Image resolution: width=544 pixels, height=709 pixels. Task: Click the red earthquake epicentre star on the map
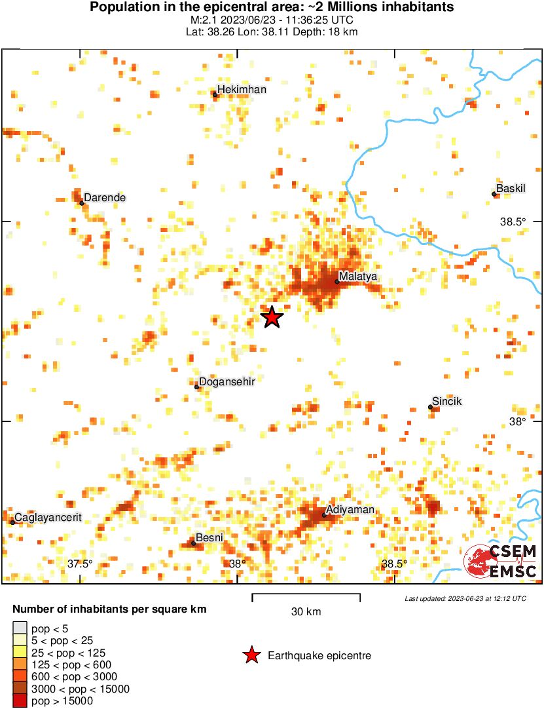pos(272,317)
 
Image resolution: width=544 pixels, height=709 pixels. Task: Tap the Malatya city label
pos(358,277)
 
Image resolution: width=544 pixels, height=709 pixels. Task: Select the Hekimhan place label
pos(242,89)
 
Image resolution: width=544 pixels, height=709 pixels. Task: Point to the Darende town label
pos(105,197)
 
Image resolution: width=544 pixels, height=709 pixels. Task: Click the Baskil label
pos(511,188)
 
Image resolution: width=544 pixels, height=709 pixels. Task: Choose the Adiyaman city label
pos(350,509)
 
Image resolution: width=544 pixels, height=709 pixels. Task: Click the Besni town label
pos(210,537)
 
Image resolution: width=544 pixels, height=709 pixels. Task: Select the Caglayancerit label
pos(48,517)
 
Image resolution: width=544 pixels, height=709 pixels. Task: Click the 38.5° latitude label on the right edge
pos(513,221)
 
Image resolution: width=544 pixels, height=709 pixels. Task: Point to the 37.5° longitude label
pos(80,564)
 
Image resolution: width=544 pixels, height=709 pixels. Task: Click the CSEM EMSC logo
pos(501,561)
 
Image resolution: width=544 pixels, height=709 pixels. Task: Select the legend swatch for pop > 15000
pos(20,701)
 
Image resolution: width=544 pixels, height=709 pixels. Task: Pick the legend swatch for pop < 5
pos(20,629)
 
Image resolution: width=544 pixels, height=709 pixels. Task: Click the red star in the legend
pos(251,655)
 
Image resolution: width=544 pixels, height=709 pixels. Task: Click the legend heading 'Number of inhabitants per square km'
pos(109,609)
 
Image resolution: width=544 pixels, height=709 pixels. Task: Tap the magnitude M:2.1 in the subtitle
pos(198,20)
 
